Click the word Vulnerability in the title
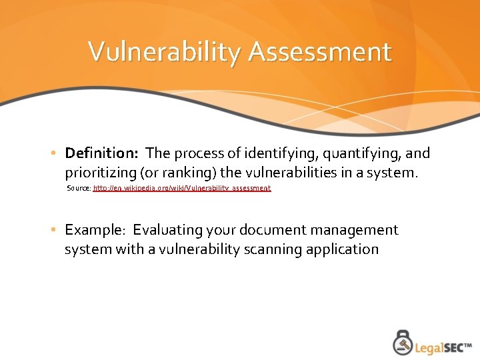click(x=164, y=52)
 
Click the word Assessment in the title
click(x=319, y=52)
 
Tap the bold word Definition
click(x=101, y=153)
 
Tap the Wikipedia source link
click(x=182, y=189)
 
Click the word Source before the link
click(x=79, y=189)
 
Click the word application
click(x=343, y=249)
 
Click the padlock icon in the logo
click(x=402, y=342)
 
